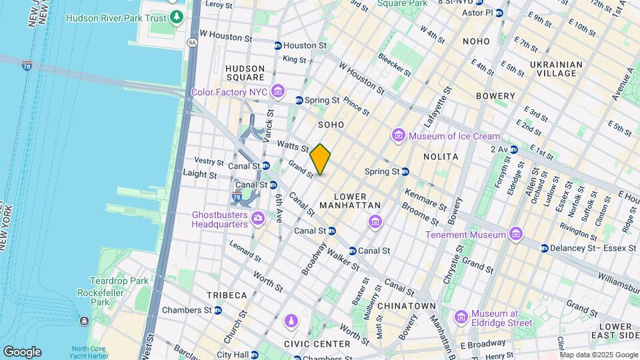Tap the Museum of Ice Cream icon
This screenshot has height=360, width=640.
tap(399, 137)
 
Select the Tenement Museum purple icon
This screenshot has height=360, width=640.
tap(515, 235)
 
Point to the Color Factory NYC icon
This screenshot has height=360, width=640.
tap(278, 91)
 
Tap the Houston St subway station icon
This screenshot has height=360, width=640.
tap(277, 45)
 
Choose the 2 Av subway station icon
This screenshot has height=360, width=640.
tap(513, 149)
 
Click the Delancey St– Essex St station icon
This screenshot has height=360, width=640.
tap(544, 248)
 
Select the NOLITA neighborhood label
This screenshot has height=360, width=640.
tap(441, 156)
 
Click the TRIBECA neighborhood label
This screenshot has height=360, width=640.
tap(227, 295)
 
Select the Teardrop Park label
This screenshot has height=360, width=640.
tap(121, 281)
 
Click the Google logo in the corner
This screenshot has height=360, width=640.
tap(22, 352)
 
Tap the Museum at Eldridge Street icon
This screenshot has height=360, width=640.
tap(461, 317)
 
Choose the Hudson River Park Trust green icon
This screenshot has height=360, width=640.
tap(176, 17)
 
